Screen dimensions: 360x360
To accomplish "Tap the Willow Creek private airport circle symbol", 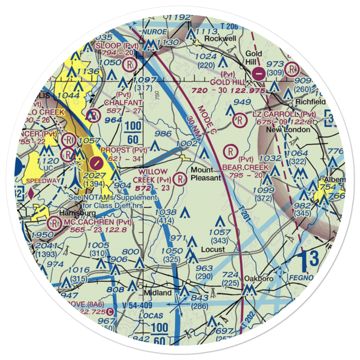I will [179, 178].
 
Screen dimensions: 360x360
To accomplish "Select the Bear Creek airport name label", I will [246, 167].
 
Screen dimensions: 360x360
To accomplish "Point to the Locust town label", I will [213, 249].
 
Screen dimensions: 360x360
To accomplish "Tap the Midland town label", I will [158, 293].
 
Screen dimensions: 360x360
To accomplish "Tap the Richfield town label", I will [310, 102].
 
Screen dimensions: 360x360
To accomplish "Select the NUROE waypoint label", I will [155, 31].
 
